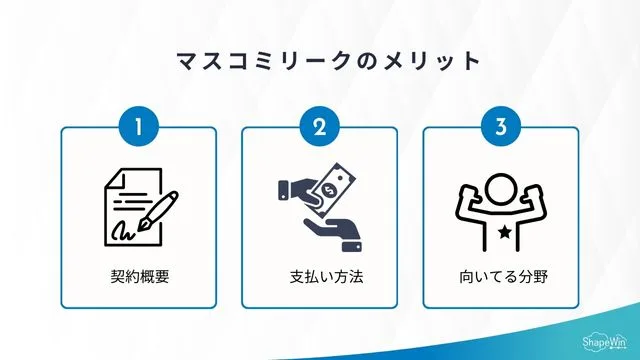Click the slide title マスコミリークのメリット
click(x=320, y=60)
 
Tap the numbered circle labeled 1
click(x=139, y=127)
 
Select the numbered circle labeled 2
click(x=320, y=127)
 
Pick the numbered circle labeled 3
click(x=501, y=127)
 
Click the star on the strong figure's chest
click(x=501, y=232)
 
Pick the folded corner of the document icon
click(x=112, y=181)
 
